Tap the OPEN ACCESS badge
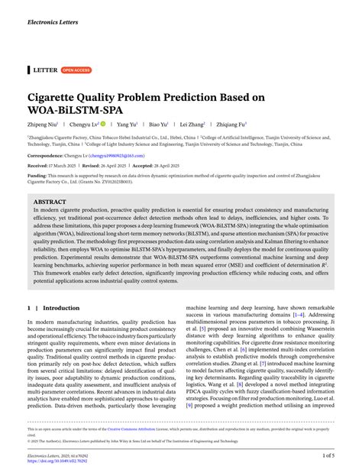tap(76, 70)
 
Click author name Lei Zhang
tap(192, 124)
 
